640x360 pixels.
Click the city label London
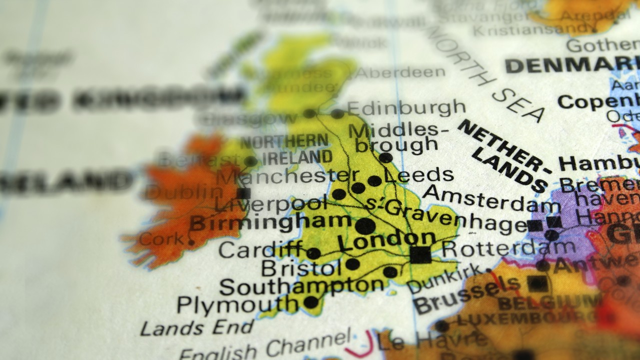(386, 241)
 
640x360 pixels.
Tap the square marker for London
(420, 254)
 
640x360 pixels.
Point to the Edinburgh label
(406, 108)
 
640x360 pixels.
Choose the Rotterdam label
(508, 248)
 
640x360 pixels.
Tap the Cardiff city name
(261, 249)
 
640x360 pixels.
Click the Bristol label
(298, 268)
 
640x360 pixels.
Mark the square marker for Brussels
(538, 283)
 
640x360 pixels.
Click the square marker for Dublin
(244, 193)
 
